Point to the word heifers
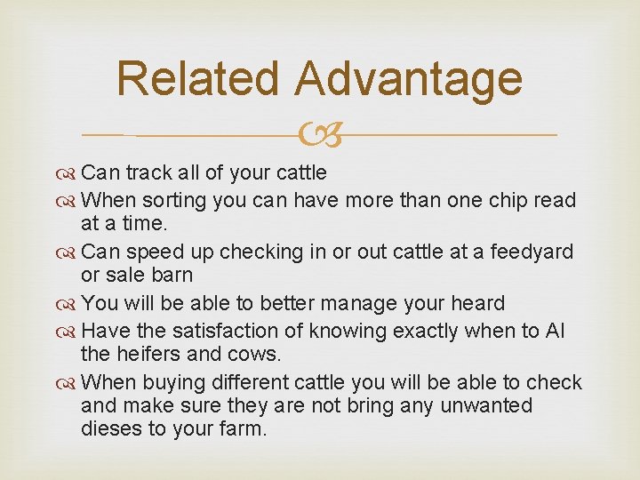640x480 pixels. pos(145,354)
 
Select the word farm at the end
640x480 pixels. pos(244,428)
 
